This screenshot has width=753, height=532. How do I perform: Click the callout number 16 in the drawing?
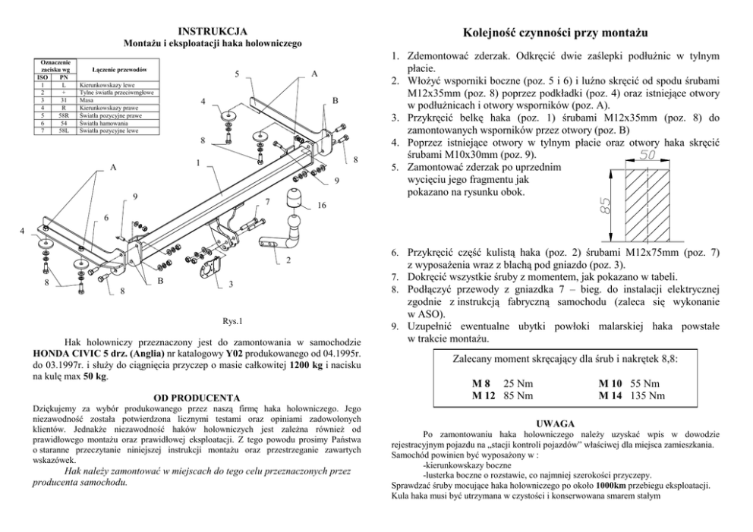click(x=322, y=206)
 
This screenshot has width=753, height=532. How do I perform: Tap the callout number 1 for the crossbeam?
click(x=197, y=163)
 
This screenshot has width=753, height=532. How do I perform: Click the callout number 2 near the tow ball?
click(x=288, y=263)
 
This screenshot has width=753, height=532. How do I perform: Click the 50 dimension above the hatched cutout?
click(x=647, y=156)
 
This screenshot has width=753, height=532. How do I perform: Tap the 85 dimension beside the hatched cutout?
click(x=605, y=206)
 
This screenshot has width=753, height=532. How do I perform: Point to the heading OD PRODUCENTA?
click(x=197, y=398)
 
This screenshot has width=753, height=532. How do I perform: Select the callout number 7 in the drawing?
click(x=267, y=202)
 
